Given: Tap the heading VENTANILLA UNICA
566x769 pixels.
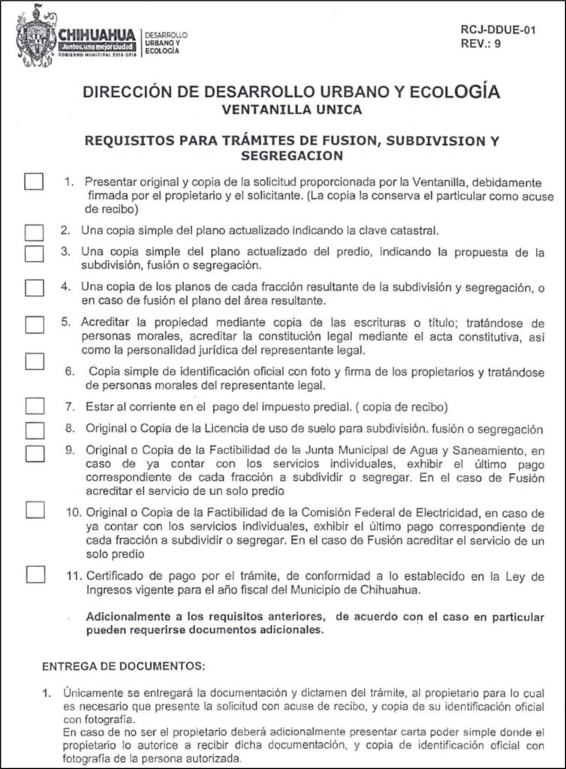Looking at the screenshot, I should point(291,110).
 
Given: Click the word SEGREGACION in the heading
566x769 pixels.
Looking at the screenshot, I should point(291,155).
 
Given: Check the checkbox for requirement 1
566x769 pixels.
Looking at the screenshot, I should point(34,182).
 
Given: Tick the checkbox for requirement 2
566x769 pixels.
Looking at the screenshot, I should point(34,231).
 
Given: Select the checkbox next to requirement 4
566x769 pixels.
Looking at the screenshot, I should point(34,288).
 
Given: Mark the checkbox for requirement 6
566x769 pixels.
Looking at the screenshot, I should point(34,360).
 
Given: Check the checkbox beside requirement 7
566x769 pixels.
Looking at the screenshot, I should point(34,406).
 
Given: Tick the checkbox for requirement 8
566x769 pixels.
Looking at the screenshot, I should point(34,430).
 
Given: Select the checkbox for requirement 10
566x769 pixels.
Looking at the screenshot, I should point(34,510).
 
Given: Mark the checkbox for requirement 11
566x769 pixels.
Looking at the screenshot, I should point(34,574).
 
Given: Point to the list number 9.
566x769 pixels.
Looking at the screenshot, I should point(68,451).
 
